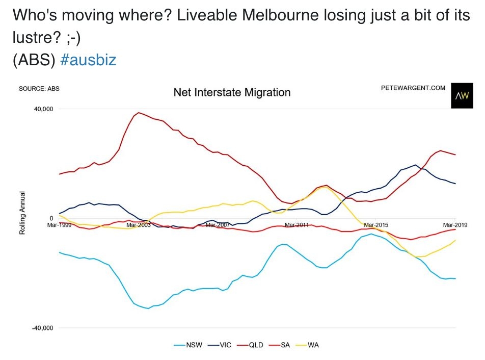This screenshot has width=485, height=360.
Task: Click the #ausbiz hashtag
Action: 88,60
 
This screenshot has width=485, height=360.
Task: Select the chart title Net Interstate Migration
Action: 232,93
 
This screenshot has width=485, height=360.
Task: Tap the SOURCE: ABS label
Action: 39,89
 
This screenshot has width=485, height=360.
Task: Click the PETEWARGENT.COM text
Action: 413,88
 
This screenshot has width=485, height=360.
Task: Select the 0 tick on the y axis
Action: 51,218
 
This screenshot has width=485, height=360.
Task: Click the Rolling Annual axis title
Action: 22,213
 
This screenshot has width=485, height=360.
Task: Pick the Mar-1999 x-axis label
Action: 60,224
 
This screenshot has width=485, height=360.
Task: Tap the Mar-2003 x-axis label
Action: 138,224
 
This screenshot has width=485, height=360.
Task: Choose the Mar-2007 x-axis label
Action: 218,224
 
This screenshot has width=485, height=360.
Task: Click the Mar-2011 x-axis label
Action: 297,224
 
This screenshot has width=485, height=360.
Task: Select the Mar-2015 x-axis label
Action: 376,224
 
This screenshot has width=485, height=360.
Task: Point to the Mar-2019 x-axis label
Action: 455,224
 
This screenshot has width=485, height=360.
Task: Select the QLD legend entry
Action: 255,345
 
